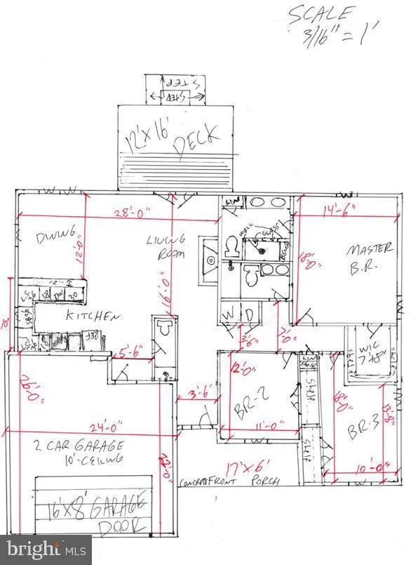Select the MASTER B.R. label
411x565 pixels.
click(x=366, y=258)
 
